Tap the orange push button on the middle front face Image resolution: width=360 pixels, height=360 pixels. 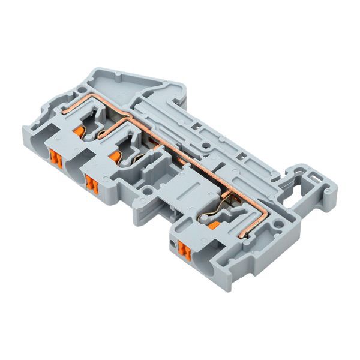pyautogui.click(x=91, y=184)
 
